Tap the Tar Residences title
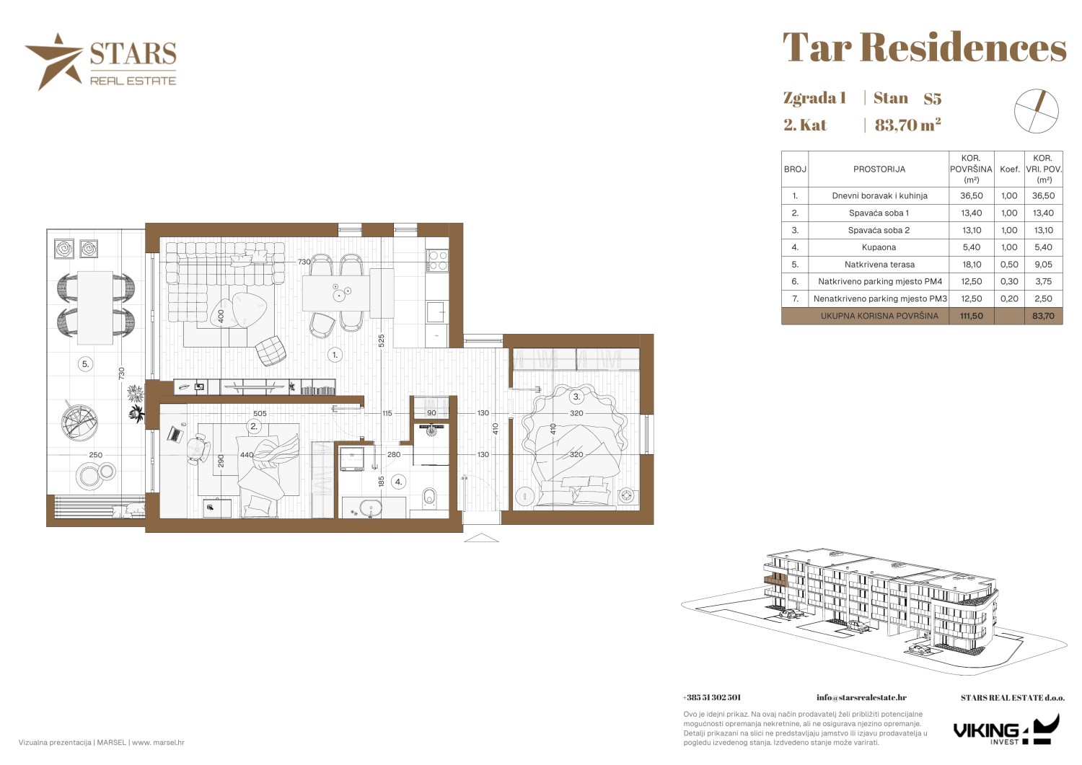click(924, 48)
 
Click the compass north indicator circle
click(1036, 111)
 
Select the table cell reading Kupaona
click(879, 247)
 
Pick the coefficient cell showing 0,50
click(1009, 264)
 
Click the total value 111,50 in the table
click(972, 316)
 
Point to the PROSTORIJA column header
click(879, 169)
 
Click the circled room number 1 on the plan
click(335, 355)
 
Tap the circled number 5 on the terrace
click(86, 364)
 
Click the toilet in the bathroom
click(429, 498)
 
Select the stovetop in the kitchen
click(438, 260)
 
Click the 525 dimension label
click(381, 340)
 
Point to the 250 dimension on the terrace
click(96, 455)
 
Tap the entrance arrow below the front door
click(481, 537)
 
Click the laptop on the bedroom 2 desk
click(175, 433)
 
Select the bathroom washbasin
click(371, 508)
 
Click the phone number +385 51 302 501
click(711, 697)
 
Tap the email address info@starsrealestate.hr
click(861, 697)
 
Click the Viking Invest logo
click(1006, 729)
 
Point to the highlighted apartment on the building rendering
click(776, 578)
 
